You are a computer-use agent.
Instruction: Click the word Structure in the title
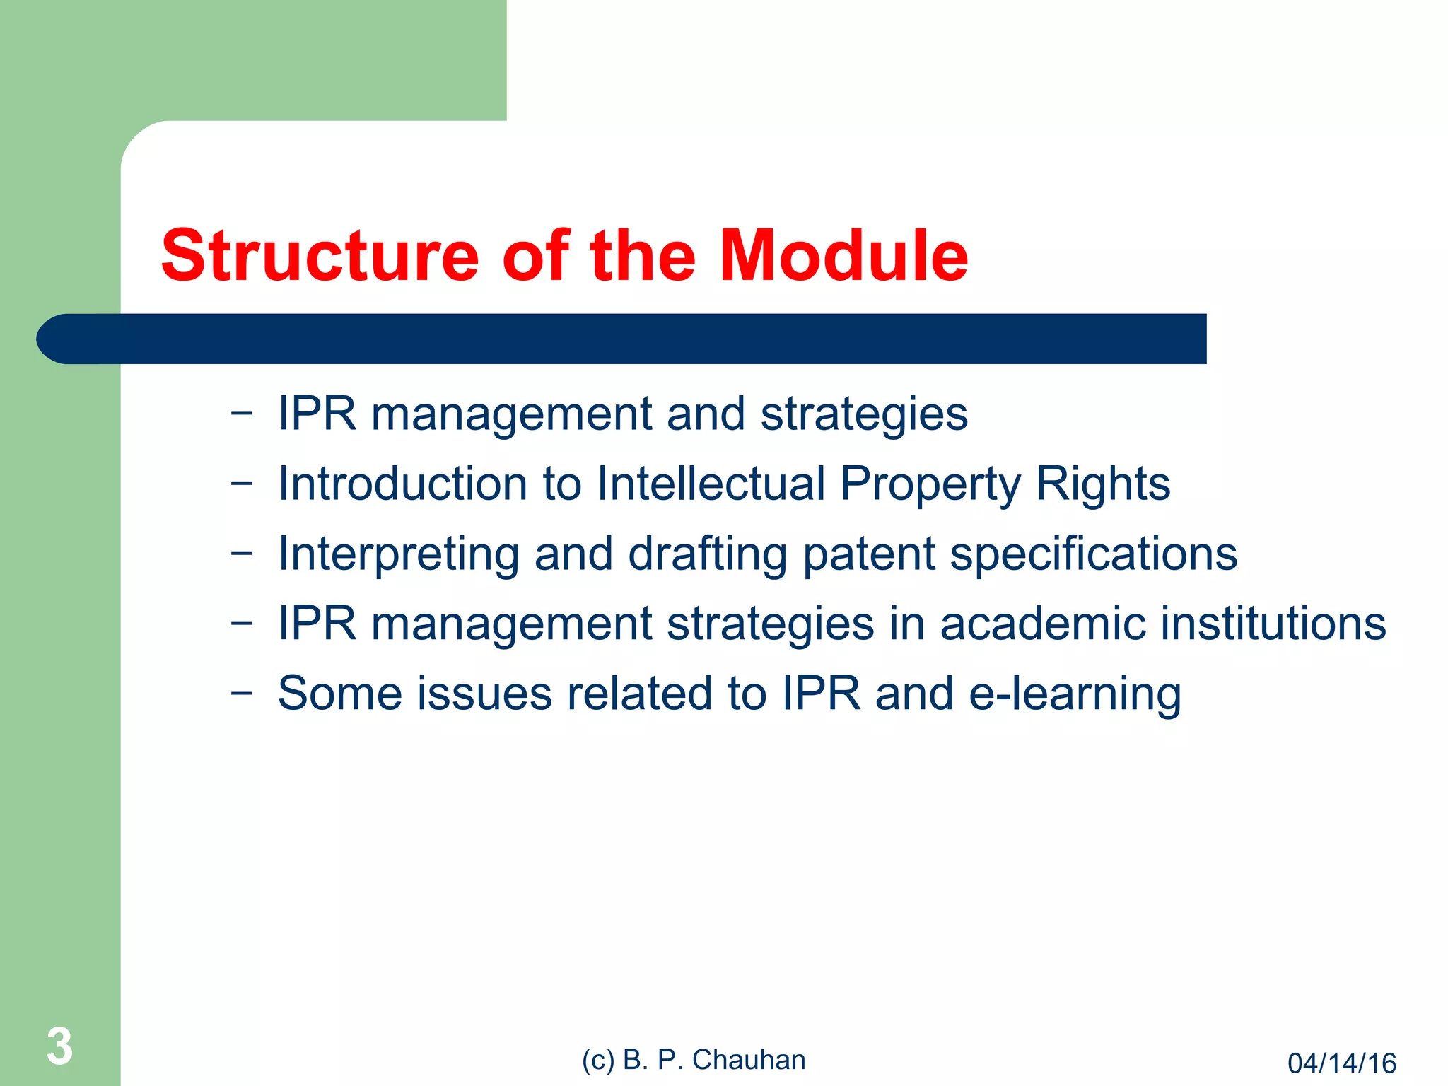coord(320,256)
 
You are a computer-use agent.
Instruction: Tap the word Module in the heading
coord(843,256)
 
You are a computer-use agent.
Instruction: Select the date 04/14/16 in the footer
coord(1341,1063)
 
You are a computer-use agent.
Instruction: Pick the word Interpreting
coord(399,554)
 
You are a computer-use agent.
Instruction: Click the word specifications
coord(1093,554)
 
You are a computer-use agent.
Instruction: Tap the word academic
coord(1042,624)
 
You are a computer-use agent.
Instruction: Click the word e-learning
coord(1074,694)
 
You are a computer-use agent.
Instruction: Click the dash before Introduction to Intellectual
coord(241,484)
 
